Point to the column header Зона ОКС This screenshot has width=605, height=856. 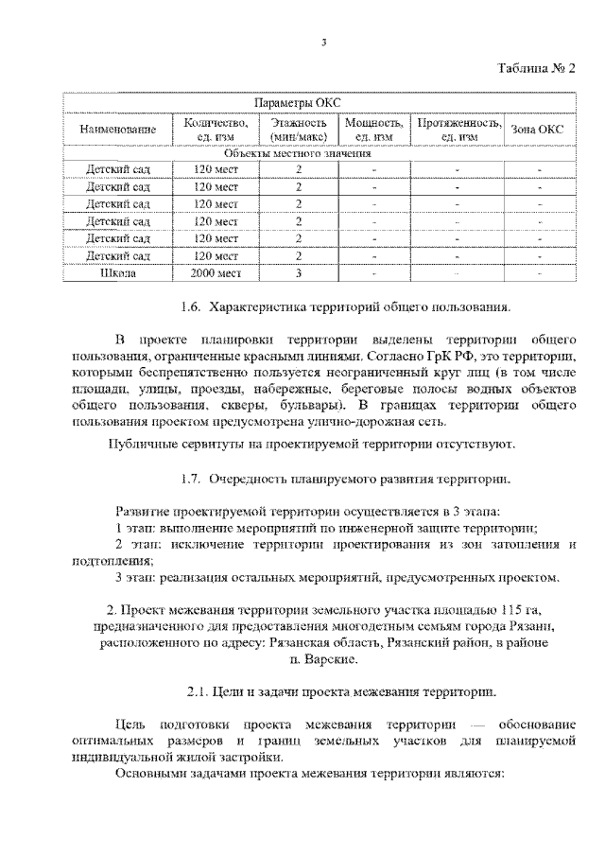[538, 130]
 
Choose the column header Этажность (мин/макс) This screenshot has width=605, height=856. [299, 130]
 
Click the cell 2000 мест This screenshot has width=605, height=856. [216, 273]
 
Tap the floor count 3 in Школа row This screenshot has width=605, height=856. [299, 273]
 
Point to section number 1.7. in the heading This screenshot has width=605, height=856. [191, 480]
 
